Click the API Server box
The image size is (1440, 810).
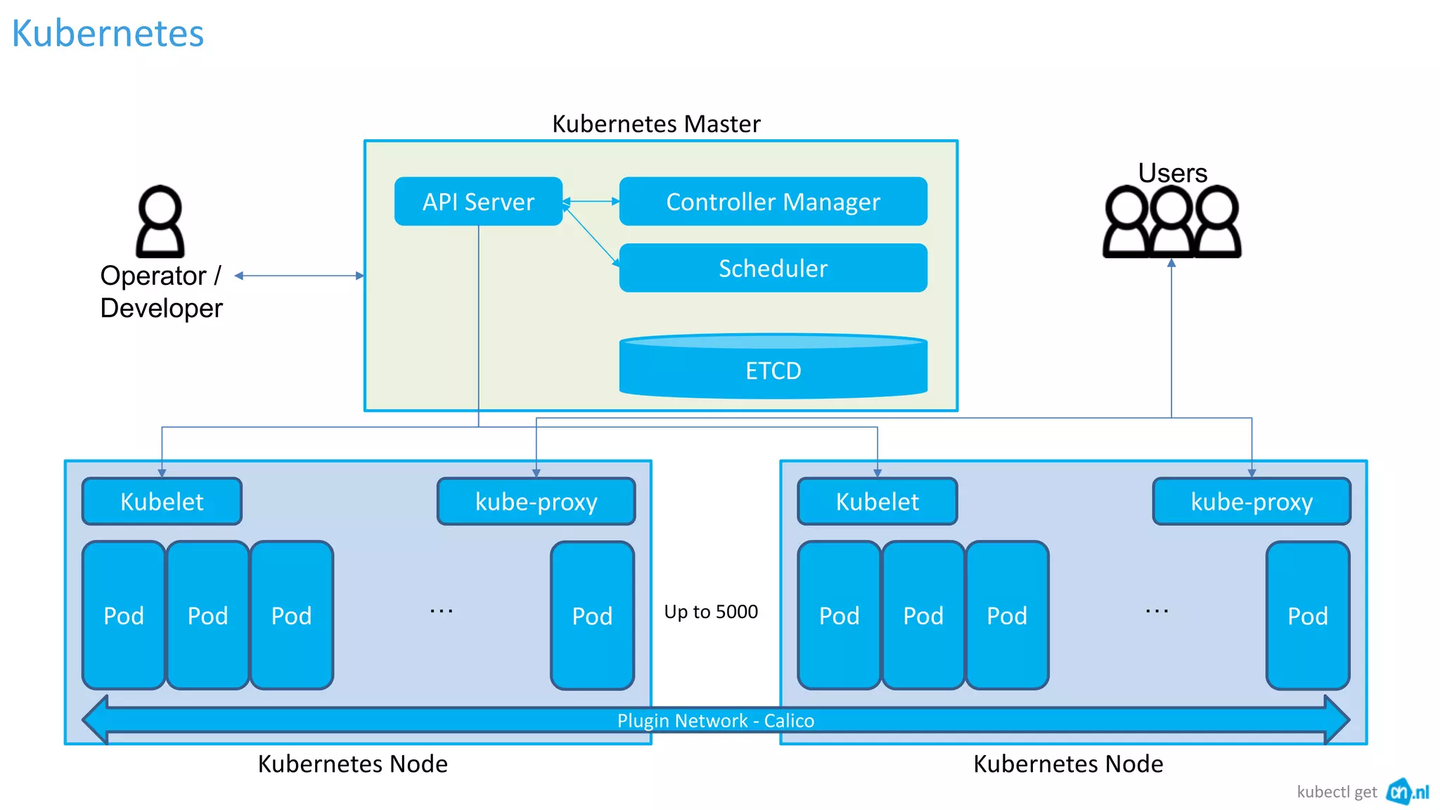tap(478, 202)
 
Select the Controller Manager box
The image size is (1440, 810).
tap(773, 202)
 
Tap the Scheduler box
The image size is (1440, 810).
tap(773, 268)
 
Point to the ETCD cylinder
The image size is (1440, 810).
tap(773, 368)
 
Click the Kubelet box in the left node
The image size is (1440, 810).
tap(162, 501)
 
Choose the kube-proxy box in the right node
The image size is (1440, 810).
tap(1252, 501)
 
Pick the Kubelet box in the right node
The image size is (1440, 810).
tap(877, 501)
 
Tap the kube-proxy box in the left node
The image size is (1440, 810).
tap(536, 501)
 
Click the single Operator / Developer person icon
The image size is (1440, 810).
tap(160, 221)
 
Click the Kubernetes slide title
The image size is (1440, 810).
tap(108, 33)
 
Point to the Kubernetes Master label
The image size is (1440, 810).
tap(656, 124)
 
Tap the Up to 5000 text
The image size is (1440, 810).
tap(711, 612)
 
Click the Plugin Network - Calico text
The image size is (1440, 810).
tap(716, 721)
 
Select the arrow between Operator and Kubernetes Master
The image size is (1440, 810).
tap(300, 276)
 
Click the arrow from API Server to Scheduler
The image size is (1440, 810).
tap(591, 236)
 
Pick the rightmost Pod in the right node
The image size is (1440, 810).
tap(1307, 615)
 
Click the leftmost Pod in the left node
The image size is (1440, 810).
tap(124, 615)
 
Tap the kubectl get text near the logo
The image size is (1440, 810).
tap(1337, 792)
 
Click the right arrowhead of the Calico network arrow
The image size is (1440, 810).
tap(1336, 719)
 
